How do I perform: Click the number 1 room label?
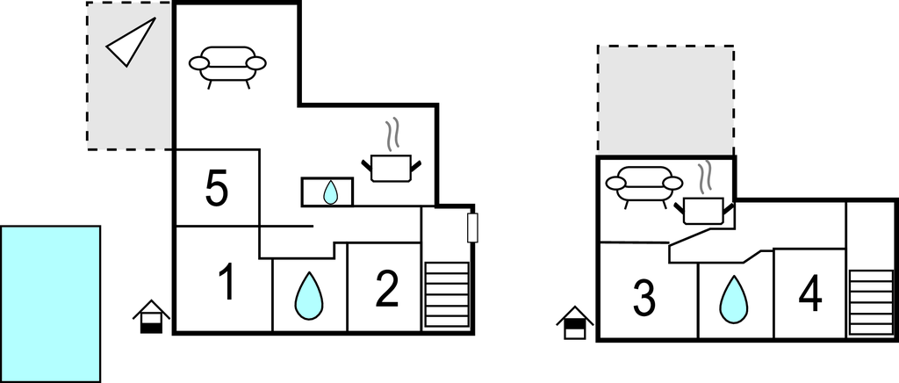tap(226, 283)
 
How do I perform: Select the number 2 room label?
tap(387, 289)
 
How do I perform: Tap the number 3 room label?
tap(644, 299)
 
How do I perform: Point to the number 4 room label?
tap(810, 296)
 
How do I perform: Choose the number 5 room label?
tap(217, 190)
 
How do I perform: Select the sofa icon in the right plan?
tap(644, 185)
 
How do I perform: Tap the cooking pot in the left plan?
tap(391, 163)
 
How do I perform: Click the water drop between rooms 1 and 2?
tap(308, 296)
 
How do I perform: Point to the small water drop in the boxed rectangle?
tap(329, 192)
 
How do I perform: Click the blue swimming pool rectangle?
tap(50, 303)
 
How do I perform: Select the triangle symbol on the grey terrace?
tap(132, 41)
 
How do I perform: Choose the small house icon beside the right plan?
tap(575, 322)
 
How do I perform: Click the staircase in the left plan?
tap(447, 293)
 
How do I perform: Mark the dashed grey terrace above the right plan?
tap(665, 99)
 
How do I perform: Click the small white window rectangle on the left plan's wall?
tap(472, 228)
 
